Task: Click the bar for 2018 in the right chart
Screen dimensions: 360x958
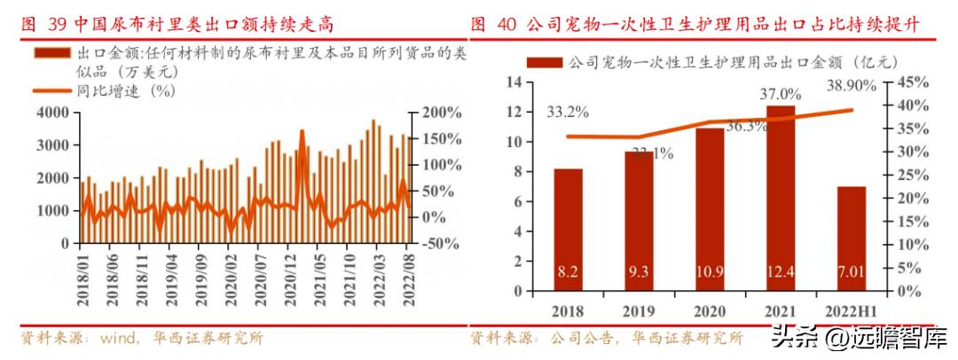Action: click(568, 231)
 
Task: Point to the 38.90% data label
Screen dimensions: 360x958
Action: click(851, 86)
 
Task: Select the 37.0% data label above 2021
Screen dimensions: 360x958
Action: click(781, 93)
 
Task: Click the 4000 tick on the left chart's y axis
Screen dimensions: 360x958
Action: click(52, 113)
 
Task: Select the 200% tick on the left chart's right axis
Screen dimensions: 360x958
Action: click(441, 113)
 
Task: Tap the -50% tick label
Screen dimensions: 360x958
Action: click(439, 243)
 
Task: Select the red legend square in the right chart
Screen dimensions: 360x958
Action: click(543, 63)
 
